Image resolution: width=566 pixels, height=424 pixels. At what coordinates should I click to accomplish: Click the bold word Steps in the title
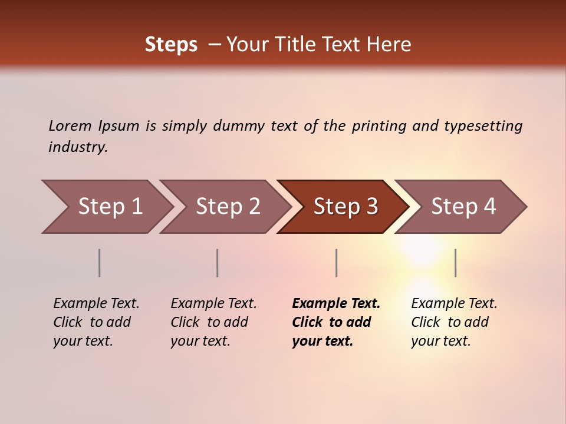(171, 45)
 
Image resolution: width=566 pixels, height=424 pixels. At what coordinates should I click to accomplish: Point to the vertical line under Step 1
(100, 263)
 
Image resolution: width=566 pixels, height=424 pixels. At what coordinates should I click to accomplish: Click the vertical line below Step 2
(218, 263)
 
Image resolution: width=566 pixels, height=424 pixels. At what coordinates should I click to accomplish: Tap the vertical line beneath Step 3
(336, 263)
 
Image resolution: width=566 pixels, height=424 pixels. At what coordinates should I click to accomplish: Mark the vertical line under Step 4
(455, 263)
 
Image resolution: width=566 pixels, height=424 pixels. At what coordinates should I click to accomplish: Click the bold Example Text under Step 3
(336, 304)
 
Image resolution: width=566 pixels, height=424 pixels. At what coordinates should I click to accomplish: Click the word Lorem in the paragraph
(70, 125)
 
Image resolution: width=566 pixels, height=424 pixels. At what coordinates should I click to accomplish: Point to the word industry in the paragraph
(78, 147)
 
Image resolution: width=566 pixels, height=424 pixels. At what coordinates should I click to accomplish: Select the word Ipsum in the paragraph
(119, 126)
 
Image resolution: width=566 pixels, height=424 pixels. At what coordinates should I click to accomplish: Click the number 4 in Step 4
(489, 207)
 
